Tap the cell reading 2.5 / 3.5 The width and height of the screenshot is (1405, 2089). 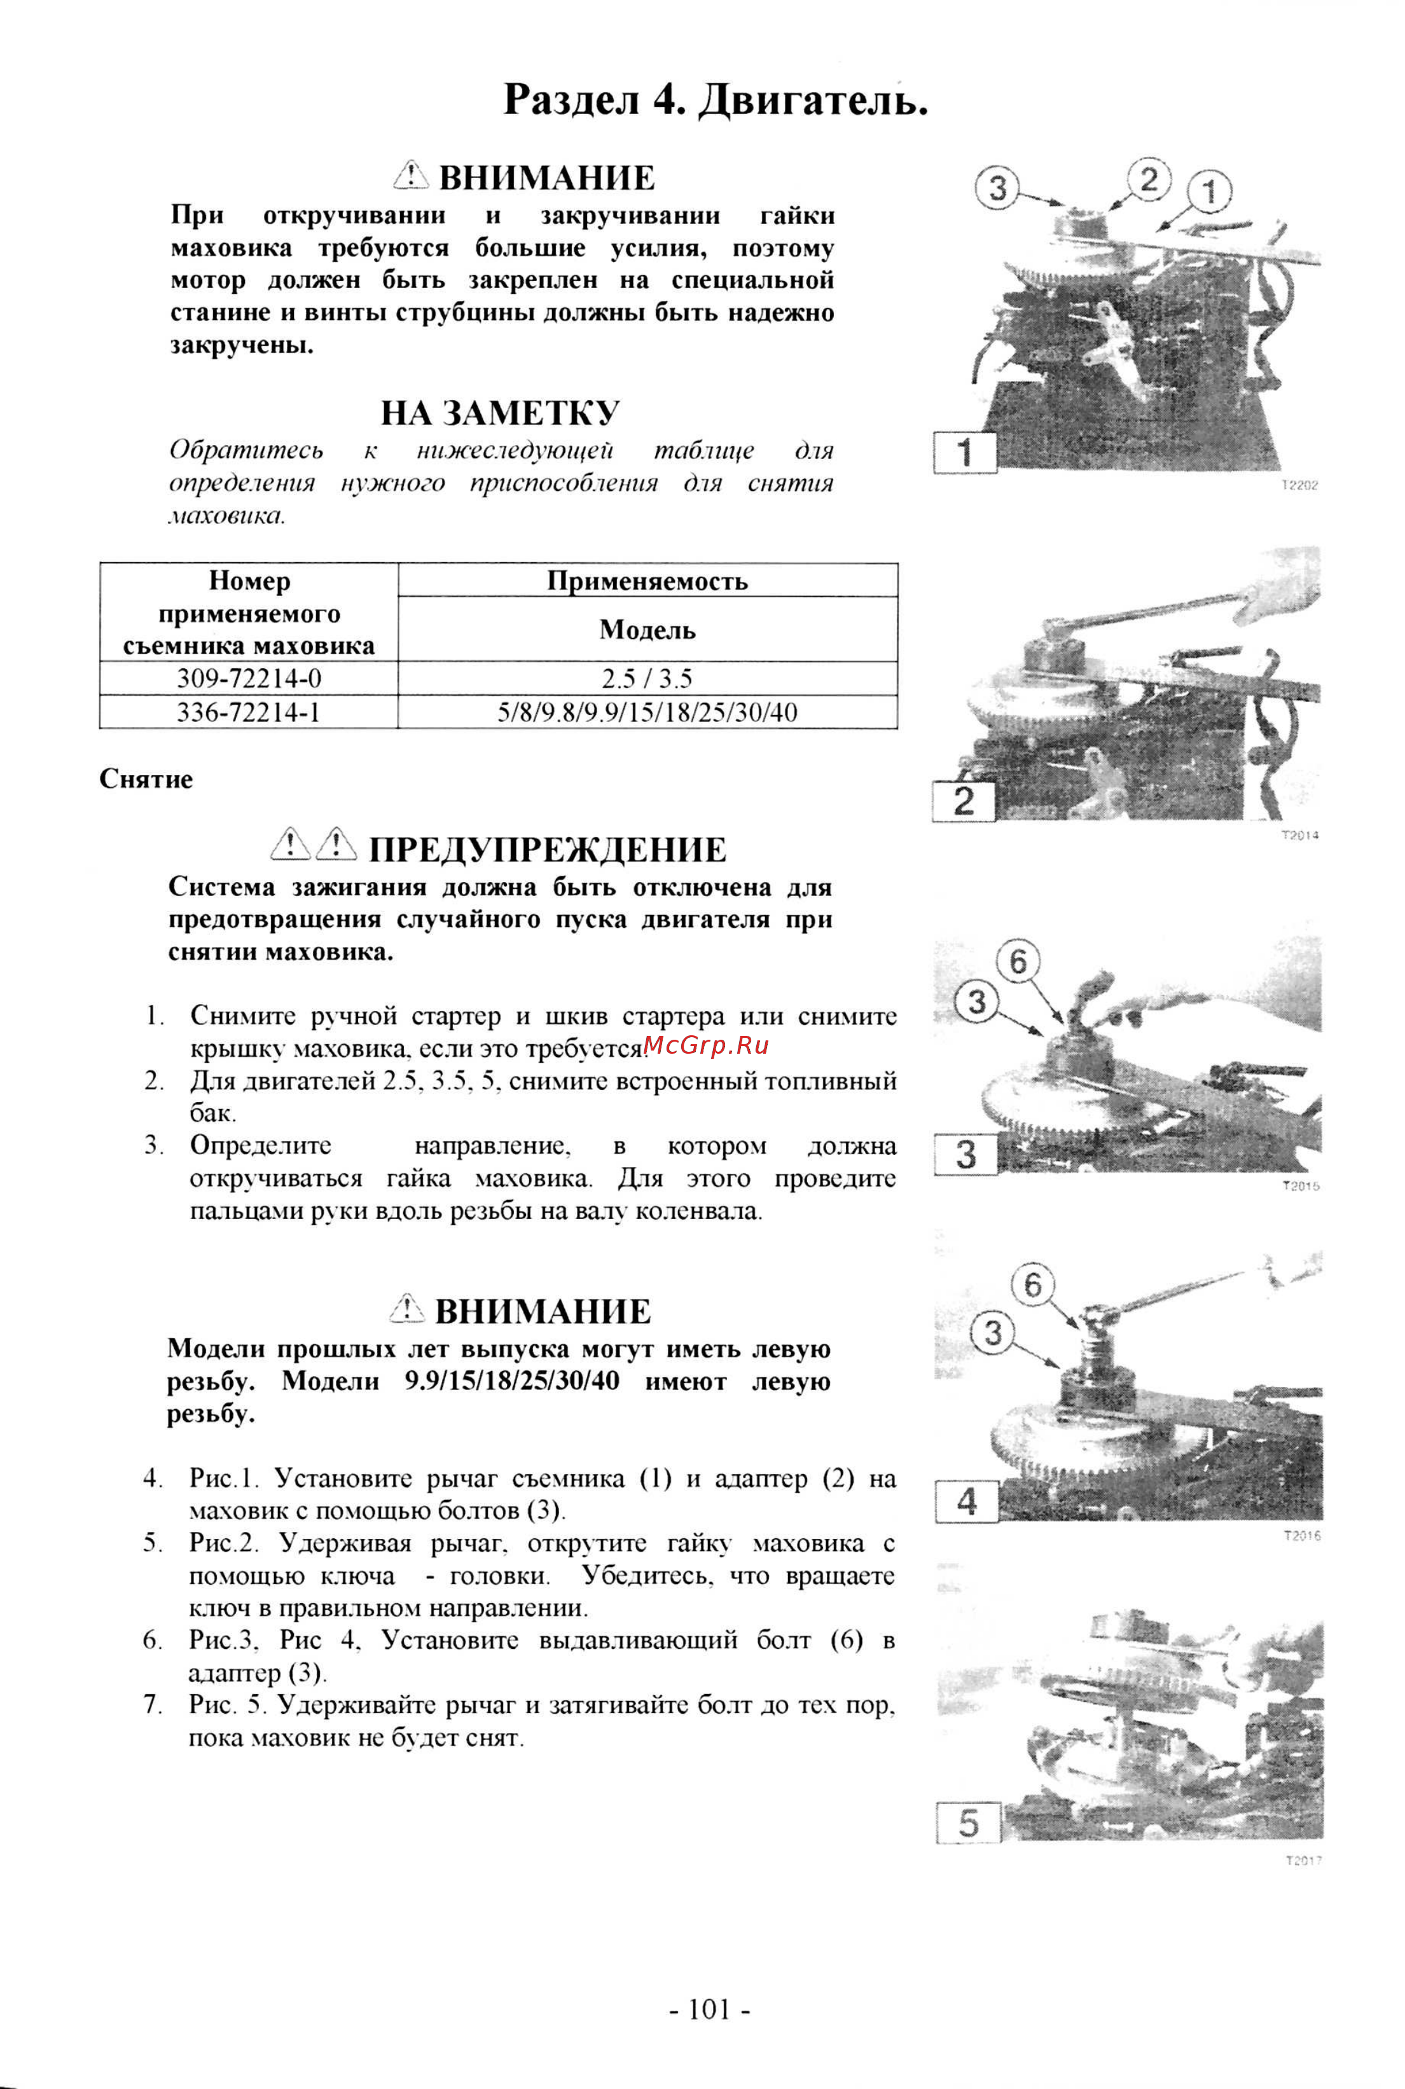click(647, 678)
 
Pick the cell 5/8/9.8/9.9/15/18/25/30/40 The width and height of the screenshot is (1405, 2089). click(647, 712)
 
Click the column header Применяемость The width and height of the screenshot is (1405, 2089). click(647, 581)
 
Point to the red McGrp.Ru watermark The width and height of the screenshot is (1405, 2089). click(705, 1044)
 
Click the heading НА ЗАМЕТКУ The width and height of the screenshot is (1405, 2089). click(500, 413)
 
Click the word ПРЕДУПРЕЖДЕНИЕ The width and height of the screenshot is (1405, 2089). click(548, 849)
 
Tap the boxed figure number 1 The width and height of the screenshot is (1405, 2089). click(965, 452)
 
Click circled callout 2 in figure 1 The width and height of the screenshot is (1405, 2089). click(1149, 179)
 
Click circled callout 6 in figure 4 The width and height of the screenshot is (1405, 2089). click(1033, 1285)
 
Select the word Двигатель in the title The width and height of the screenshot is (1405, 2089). click(812, 99)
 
